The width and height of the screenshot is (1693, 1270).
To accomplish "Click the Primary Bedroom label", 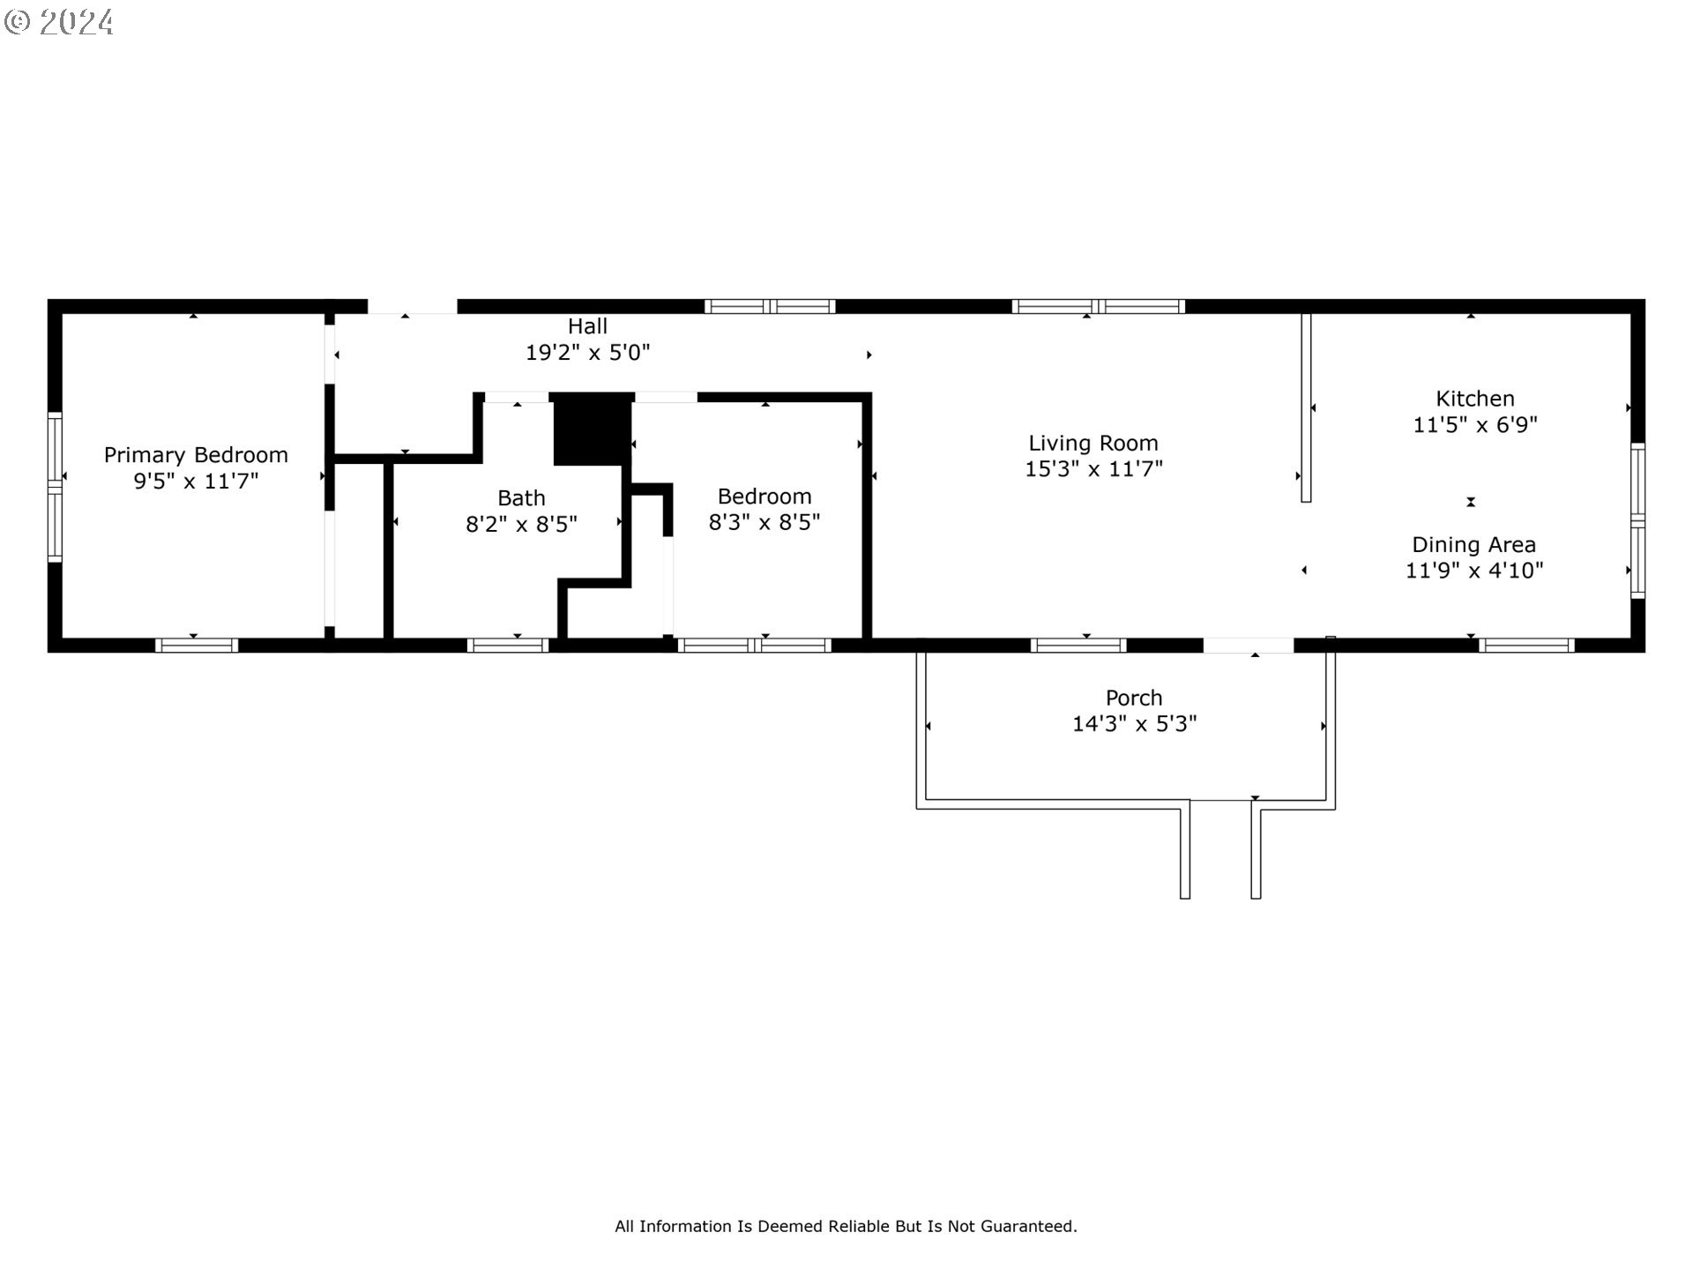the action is (196, 455).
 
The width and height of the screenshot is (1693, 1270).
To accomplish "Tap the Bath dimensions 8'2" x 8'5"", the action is (521, 525).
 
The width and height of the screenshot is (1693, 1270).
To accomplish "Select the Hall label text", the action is (587, 326).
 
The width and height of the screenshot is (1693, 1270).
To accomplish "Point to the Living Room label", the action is (1093, 443).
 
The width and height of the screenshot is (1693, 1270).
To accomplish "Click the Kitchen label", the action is (1475, 399).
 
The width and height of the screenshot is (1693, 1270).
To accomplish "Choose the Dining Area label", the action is (1474, 545).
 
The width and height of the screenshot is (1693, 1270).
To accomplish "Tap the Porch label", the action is (1134, 698).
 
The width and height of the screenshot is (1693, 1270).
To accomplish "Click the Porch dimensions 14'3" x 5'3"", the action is (1134, 724).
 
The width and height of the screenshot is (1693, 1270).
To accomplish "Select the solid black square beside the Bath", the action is (592, 430).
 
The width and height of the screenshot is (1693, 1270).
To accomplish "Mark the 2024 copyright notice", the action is (58, 22).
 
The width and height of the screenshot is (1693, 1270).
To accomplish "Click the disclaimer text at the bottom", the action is (846, 1226).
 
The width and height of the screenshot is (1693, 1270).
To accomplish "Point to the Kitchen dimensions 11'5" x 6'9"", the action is (1475, 425).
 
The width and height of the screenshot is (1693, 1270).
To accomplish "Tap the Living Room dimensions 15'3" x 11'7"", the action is (1093, 469).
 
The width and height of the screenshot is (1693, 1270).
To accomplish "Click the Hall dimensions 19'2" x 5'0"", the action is (587, 353).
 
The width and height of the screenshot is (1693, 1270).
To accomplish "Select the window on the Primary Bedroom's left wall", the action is (55, 486).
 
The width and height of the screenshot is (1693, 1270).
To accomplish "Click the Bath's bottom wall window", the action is (508, 646).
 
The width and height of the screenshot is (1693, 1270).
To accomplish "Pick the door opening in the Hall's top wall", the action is (413, 307).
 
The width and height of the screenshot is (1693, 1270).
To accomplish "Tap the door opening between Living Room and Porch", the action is (1249, 646).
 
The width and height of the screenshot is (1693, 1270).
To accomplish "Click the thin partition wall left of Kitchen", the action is (1307, 407).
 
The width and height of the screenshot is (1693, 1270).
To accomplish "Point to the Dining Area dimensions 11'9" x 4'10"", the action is (1474, 571).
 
